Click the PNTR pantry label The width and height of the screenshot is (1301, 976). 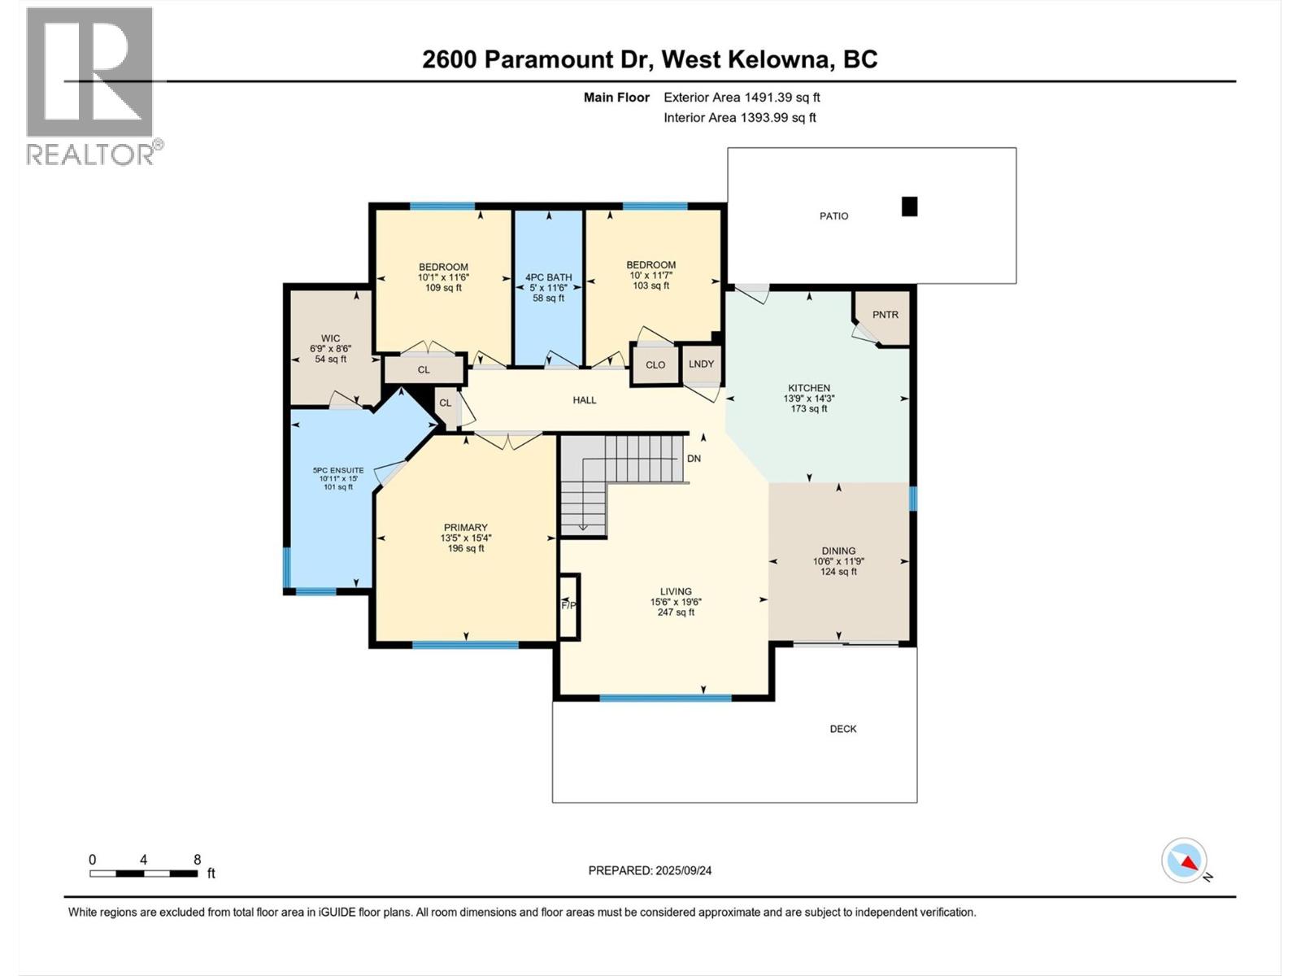tap(885, 315)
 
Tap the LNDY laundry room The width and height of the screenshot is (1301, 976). tap(701, 364)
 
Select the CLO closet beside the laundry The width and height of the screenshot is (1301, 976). tap(655, 365)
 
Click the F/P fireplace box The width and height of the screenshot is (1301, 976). tap(568, 606)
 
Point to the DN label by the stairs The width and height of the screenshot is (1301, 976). tap(694, 459)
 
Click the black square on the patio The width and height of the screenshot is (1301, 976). tap(910, 207)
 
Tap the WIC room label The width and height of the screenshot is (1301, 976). tap(330, 338)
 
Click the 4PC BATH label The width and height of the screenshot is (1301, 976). tap(548, 277)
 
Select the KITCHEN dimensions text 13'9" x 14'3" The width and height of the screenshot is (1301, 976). tap(808, 399)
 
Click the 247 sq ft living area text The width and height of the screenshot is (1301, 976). tap(676, 612)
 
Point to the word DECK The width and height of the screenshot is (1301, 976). tap(842, 729)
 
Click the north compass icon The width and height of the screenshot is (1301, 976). tap(1184, 861)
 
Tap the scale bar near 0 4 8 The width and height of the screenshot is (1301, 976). tap(144, 874)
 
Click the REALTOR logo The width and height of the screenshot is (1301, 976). tap(91, 85)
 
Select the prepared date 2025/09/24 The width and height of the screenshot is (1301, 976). tap(650, 870)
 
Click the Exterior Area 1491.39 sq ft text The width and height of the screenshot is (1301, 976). tap(741, 98)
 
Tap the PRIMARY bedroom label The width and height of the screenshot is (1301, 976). tap(465, 527)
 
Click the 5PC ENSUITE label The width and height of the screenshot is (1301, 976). tap(338, 470)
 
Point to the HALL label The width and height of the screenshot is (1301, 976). tap(584, 400)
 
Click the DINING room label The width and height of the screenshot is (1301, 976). tap(838, 551)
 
